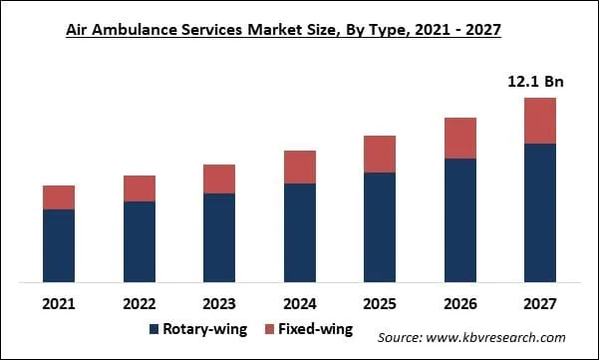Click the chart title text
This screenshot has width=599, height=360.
pos(283,31)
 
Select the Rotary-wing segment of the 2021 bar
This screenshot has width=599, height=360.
pos(59,244)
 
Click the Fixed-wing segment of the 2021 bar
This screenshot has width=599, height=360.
pos(59,197)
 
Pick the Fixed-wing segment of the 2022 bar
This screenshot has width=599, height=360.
pos(140,188)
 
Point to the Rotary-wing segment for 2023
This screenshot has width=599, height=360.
pos(219,236)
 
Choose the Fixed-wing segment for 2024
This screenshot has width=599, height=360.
pos(299,167)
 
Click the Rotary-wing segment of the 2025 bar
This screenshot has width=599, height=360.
pos(380,226)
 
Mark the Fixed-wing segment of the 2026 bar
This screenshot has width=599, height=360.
pos(459,138)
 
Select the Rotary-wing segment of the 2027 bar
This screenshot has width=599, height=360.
pos(539,211)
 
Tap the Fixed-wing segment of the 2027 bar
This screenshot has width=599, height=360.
pos(539,121)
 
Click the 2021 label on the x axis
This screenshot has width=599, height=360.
pos(59,302)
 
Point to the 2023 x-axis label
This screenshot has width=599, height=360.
pos(219,302)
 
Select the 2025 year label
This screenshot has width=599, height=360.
pos(380,302)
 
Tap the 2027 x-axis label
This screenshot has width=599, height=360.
pos(539,302)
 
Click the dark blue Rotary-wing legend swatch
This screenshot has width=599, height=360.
pos(154,329)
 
